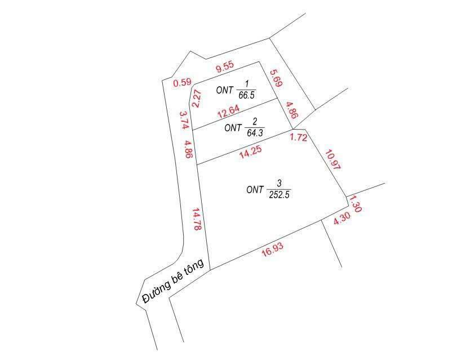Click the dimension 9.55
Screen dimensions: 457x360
click(x=224, y=69)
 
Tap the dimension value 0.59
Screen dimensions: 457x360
click(x=182, y=83)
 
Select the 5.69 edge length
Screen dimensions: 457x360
click(x=276, y=78)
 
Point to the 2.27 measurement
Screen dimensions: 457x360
click(x=197, y=99)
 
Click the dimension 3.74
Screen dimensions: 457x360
click(x=183, y=121)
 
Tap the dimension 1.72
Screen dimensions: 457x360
click(x=299, y=137)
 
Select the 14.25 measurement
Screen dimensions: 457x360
click(x=250, y=153)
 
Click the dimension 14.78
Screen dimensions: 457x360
click(x=197, y=220)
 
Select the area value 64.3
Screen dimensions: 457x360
click(x=255, y=133)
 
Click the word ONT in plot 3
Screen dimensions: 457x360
click(x=255, y=190)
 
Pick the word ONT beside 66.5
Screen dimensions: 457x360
click(x=225, y=90)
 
